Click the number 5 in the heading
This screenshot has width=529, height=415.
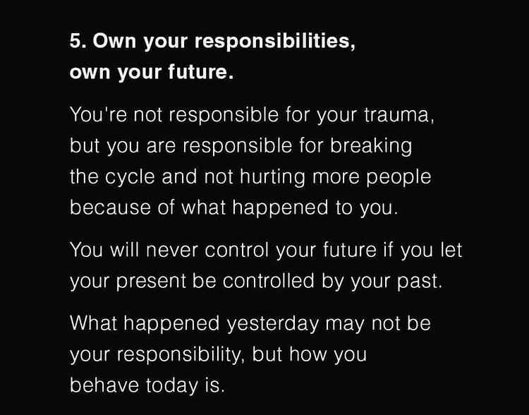pos(75,40)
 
